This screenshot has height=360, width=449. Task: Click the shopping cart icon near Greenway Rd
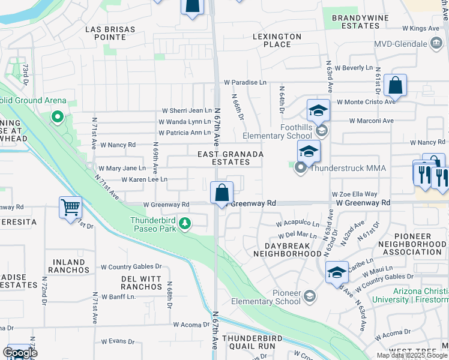(x=71, y=208)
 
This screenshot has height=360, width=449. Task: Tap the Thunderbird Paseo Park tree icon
(x=185, y=224)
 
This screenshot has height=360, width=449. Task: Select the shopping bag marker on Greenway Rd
(x=222, y=193)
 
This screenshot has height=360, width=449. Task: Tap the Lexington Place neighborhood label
(x=277, y=40)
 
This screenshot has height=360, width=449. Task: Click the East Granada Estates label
(x=231, y=158)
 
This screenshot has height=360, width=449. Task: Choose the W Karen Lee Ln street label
(x=144, y=179)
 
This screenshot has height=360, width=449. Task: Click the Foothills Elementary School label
(x=278, y=132)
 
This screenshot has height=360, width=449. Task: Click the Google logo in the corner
(x=20, y=353)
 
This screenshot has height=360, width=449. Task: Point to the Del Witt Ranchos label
(x=142, y=283)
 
